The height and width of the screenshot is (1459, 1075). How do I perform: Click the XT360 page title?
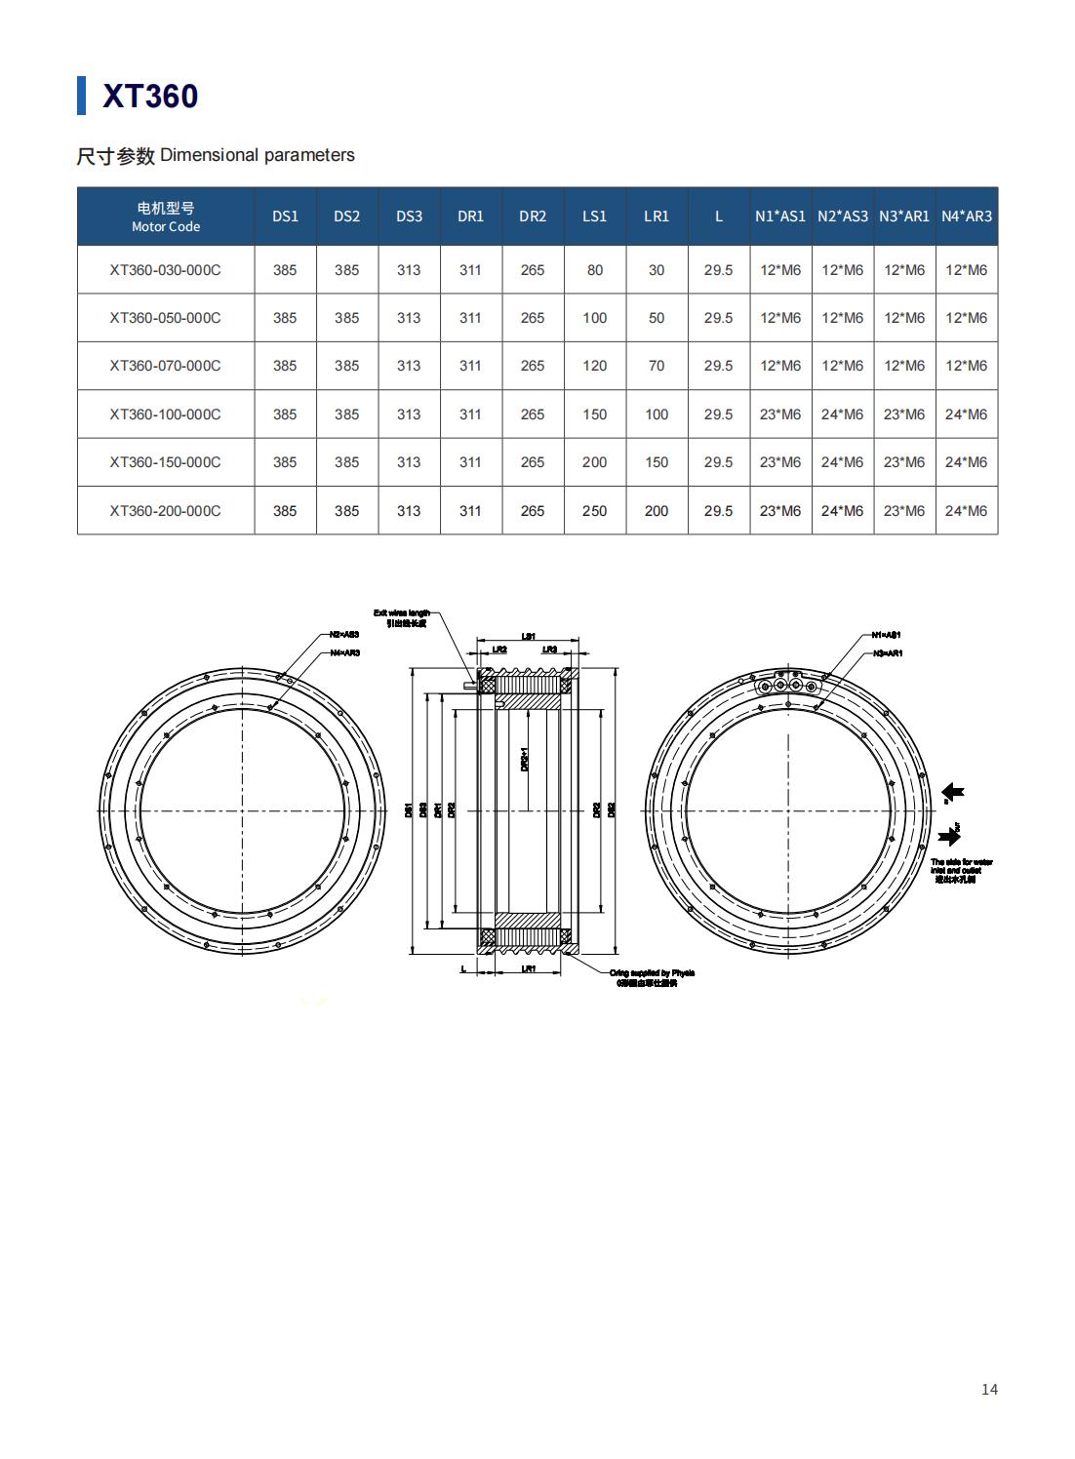[150, 97]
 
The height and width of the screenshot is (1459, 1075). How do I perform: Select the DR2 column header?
[533, 217]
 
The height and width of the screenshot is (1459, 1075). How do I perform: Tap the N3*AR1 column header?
[903, 217]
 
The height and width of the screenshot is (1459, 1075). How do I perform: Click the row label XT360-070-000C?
[165, 366]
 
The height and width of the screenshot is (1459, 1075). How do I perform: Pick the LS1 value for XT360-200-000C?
[594, 511]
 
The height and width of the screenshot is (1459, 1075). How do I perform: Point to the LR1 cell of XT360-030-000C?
[657, 270]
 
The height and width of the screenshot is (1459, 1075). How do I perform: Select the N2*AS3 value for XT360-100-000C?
[842, 414]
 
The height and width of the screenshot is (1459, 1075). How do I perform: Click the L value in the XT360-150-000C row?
[718, 462]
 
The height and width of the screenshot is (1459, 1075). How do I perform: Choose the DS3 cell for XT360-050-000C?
[409, 318]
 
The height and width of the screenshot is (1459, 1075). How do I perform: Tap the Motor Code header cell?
[166, 217]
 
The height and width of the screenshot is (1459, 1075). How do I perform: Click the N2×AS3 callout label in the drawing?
[344, 635]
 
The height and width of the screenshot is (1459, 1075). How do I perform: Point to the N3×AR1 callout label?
[887, 652]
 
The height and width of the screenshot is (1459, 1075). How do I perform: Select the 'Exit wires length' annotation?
[401, 613]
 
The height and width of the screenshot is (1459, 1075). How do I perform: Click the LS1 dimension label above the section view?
[528, 636]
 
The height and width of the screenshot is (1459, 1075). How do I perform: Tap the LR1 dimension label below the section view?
[528, 968]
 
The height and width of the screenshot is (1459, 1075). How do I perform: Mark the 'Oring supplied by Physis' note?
[652, 973]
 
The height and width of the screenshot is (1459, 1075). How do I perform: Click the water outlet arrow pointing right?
[947, 837]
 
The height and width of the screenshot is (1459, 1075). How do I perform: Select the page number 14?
[989, 1389]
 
